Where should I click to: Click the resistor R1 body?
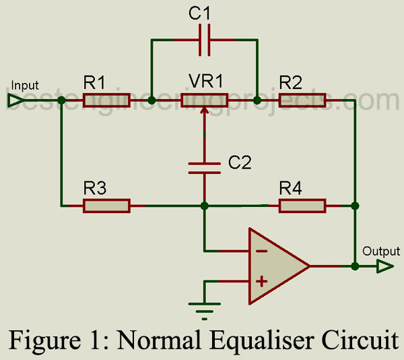[x=106, y=101]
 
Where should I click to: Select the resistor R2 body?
[x=302, y=101]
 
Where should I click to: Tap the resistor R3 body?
[x=106, y=205]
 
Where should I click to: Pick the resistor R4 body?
[x=302, y=205]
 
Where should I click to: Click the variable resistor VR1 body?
[x=204, y=101]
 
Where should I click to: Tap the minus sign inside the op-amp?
[x=262, y=251]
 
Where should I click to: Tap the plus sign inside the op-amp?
[x=262, y=280]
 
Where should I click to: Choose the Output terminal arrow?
[x=384, y=266]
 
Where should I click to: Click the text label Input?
[x=25, y=86]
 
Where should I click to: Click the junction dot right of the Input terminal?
[x=61, y=101]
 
